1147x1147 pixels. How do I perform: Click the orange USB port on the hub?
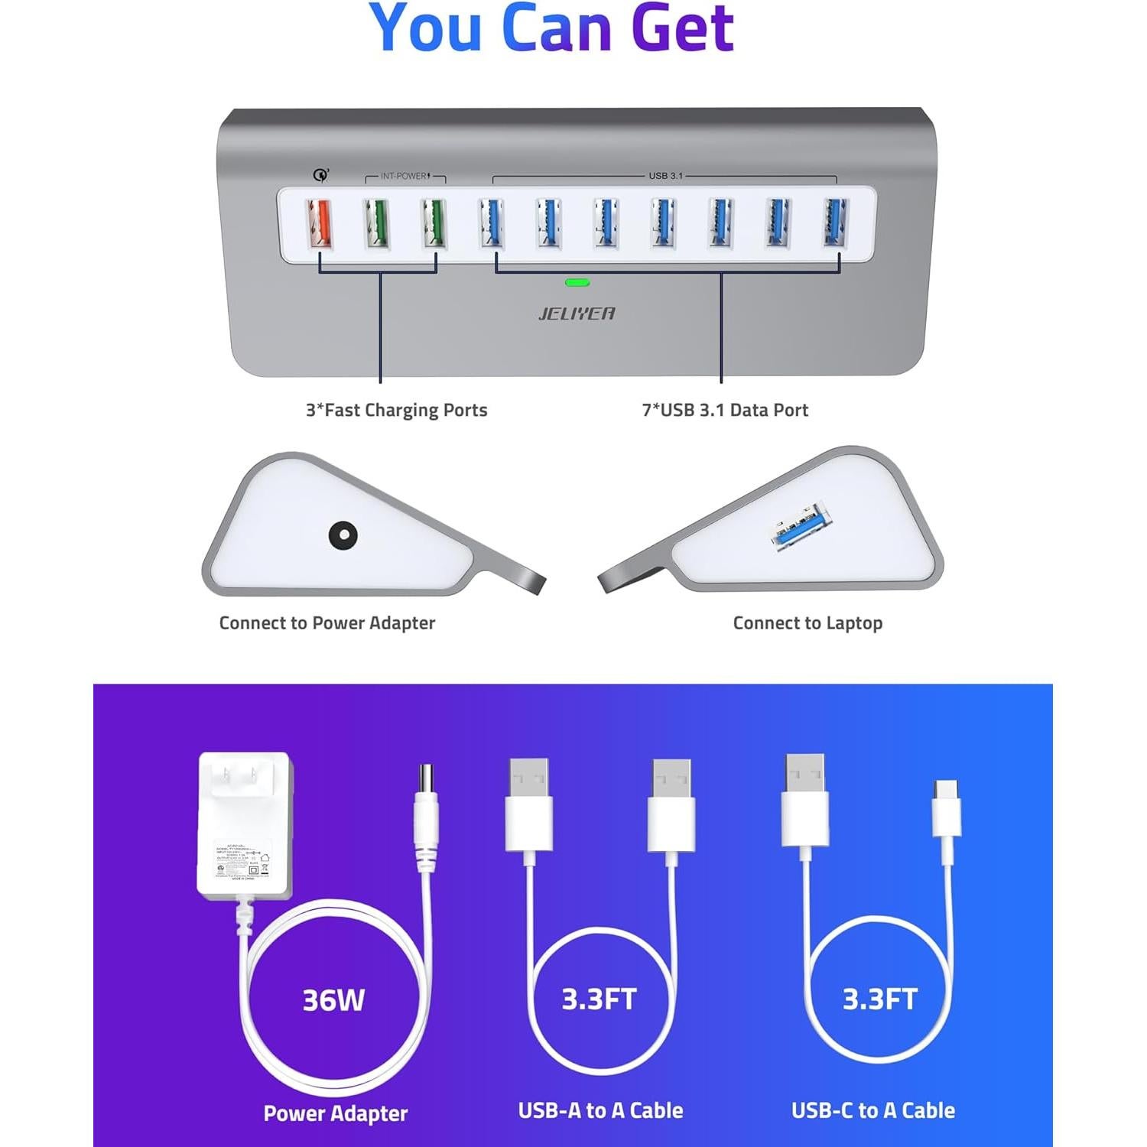[x=320, y=224]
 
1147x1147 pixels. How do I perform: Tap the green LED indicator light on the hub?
[x=577, y=282]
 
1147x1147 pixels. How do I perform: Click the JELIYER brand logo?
[x=577, y=313]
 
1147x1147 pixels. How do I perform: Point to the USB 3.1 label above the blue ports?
[x=665, y=176]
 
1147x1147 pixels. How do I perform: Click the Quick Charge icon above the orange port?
[x=321, y=175]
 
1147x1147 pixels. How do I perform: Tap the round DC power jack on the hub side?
[x=343, y=535]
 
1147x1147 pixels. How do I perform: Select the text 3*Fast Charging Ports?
[x=396, y=410]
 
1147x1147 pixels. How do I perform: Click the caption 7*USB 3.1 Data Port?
[x=725, y=410]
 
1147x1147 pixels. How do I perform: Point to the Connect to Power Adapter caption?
[x=327, y=623]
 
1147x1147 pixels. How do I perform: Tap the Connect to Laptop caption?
[x=807, y=623]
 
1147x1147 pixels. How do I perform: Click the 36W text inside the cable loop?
[x=333, y=1000]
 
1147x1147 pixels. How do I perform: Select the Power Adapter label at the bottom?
[x=335, y=1113]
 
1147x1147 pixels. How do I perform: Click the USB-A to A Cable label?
[x=600, y=1110]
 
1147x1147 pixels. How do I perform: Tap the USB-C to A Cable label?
[x=873, y=1110]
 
